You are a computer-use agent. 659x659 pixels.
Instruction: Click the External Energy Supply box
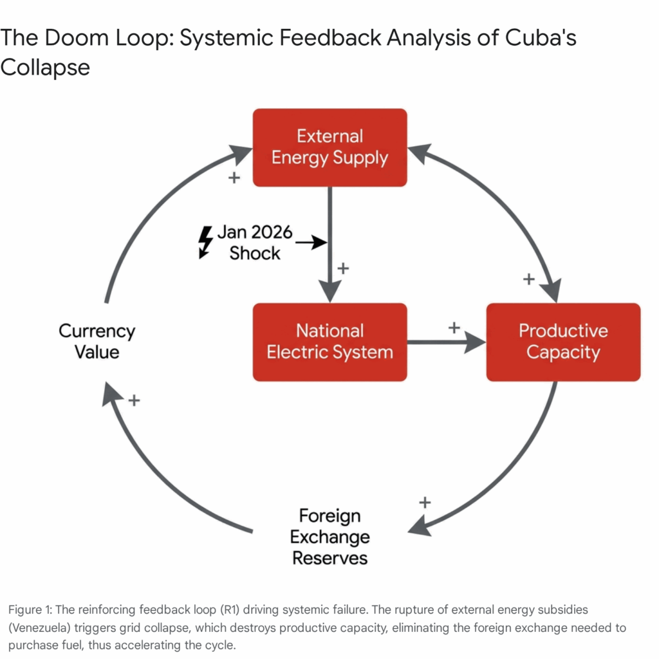click(x=329, y=147)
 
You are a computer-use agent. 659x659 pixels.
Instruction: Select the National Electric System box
click(x=329, y=342)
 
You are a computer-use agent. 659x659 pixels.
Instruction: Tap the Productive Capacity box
click(x=563, y=342)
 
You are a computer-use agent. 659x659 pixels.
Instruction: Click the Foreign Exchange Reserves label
click(x=329, y=537)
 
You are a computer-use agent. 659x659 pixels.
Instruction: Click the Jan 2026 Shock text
click(x=255, y=243)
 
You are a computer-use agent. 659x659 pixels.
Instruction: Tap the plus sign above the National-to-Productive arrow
click(x=454, y=328)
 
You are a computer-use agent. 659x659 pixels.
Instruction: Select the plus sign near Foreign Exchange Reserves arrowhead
click(x=424, y=502)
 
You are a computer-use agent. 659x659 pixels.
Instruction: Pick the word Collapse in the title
click(x=45, y=66)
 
